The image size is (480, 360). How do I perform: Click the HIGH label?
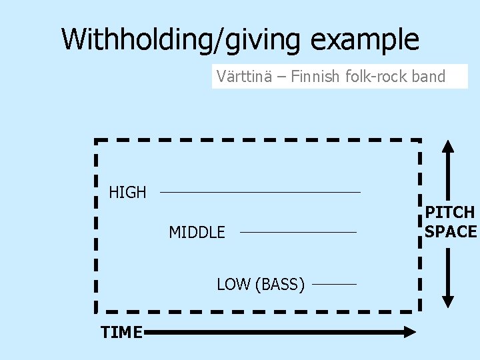127,193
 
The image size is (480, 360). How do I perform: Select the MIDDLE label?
197,233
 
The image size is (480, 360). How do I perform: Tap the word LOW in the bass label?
233,285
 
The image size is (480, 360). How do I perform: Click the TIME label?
121,331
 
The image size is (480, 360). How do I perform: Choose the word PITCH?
451,213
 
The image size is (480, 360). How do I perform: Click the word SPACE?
451,231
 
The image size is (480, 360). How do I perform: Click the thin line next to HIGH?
260,193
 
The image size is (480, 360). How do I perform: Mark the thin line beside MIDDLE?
298,233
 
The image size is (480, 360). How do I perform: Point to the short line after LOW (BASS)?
334,285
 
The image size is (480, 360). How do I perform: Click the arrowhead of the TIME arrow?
408,331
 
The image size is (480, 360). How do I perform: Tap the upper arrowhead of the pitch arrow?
449,148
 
